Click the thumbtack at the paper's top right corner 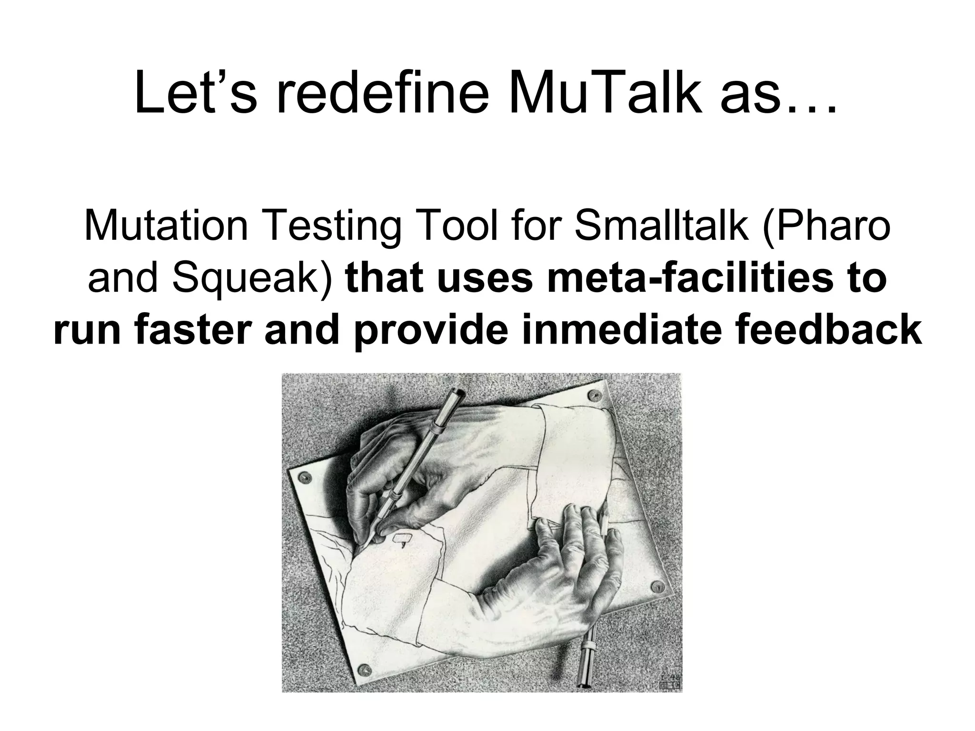pyautogui.click(x=593, y=395)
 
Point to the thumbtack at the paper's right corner pyautogui.click(x=659, y=586)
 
